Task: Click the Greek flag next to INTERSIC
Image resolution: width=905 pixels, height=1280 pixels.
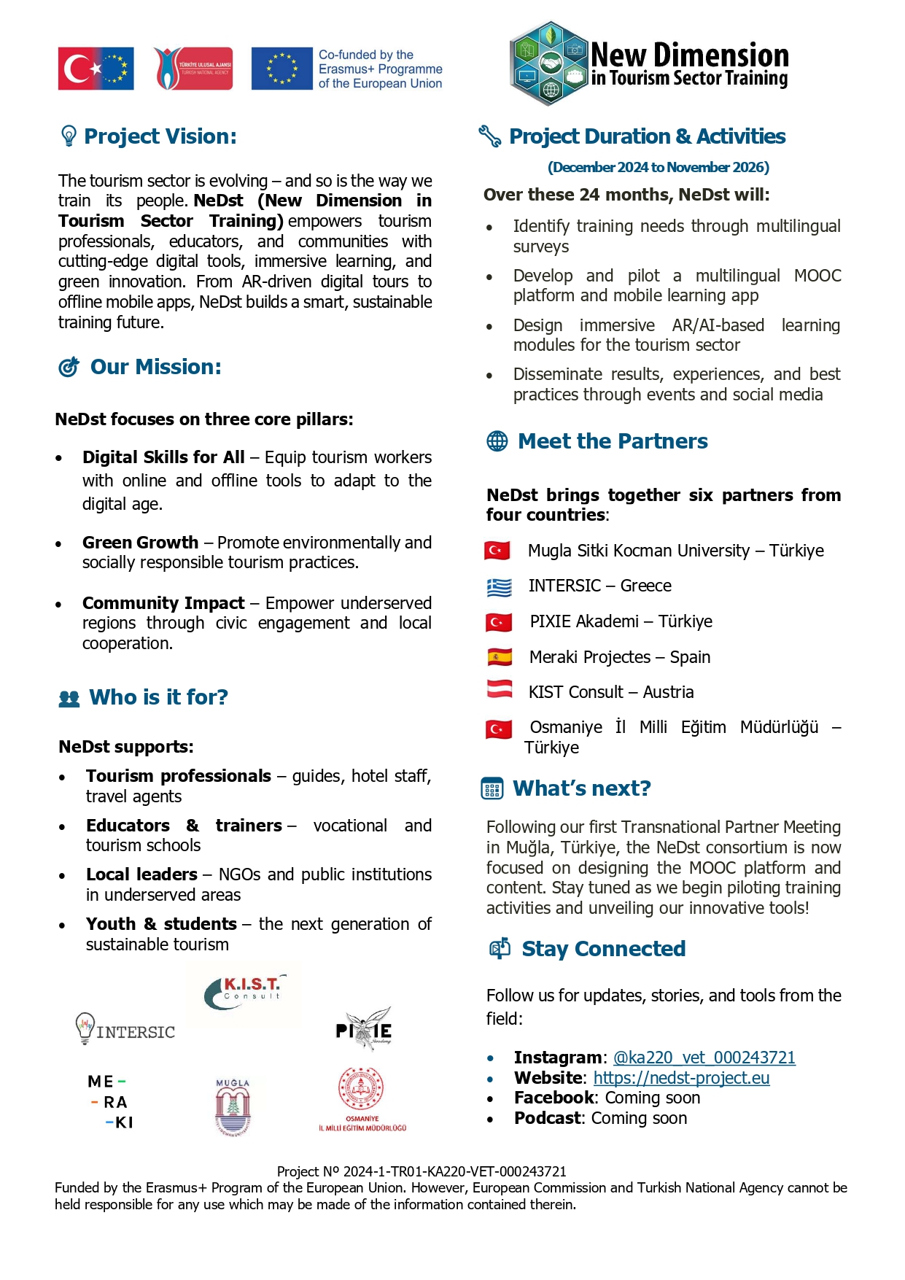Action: [x=499, y=586]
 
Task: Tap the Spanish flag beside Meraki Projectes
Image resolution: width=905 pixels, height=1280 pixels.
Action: [x=500, y=657]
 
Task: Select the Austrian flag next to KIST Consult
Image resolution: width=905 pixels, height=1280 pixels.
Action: [x=500, y=689]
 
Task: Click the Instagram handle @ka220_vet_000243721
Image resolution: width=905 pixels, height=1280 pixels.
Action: [x=704, y=1058]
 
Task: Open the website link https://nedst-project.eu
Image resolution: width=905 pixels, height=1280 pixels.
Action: [x=681, y=1078]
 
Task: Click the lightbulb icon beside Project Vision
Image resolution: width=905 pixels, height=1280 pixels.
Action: [x=69, y=136]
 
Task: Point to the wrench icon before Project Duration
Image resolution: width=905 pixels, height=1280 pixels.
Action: [x=489, y=136]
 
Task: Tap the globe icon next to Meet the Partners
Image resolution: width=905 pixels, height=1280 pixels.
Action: [x=497, y=441]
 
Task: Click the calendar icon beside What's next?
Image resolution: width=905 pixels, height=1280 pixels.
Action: [x=492, y=788]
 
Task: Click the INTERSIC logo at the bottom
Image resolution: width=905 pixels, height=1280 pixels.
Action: [x=125, y=1029]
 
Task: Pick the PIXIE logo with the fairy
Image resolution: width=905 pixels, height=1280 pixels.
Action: [x=365, y=1028]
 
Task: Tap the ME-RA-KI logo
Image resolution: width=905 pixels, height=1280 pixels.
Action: [x=111, y=1102]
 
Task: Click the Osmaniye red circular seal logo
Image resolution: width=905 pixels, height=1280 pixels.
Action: [x=362, y=1099]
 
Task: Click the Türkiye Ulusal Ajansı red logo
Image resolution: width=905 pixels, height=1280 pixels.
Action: [x=193, y=69]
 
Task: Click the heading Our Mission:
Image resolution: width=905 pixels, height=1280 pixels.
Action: [x=155, y=367]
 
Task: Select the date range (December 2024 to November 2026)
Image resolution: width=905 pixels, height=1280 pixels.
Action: [x=659, y=167]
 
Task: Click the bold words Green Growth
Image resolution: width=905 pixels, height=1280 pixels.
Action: [x=140, y=543]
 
